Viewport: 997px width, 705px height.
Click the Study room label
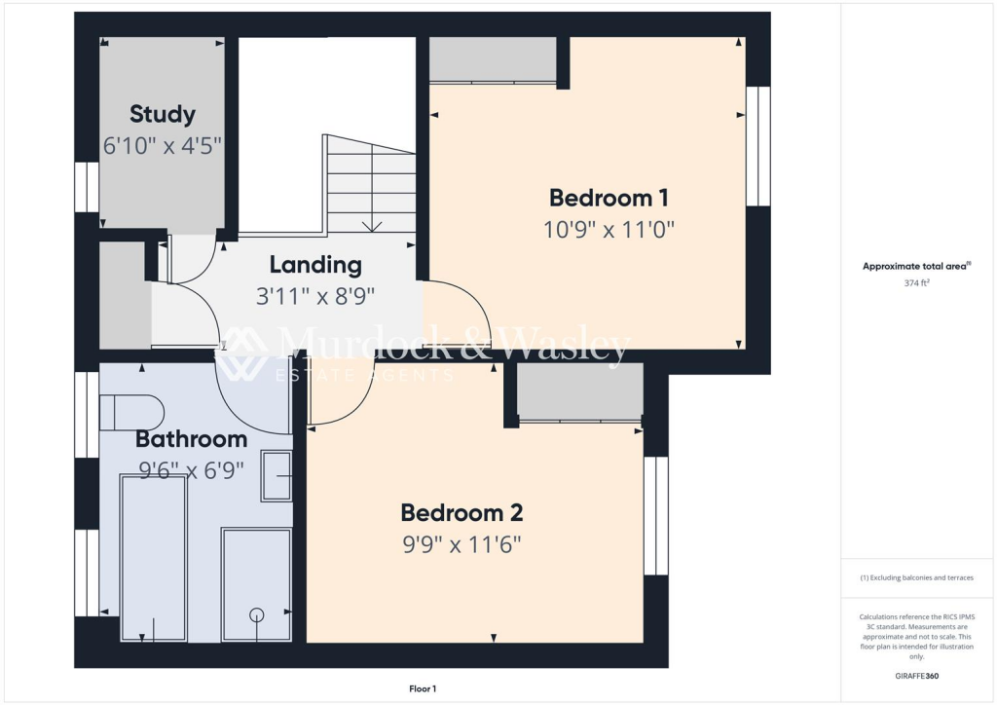(163, 114)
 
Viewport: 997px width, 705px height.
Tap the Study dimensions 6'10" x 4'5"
(163, 146)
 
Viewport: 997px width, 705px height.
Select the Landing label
(315, 264)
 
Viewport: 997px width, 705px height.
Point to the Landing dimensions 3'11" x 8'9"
(315, 295)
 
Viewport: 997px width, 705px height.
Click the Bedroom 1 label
(609, 198)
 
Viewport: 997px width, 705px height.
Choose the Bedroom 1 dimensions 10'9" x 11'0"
(609, 230)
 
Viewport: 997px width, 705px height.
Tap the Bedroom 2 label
(462, 512)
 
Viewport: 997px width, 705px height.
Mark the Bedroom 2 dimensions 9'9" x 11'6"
(462, 543)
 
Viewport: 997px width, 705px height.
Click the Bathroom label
(191, 439)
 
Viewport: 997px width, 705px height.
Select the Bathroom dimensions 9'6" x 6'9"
(191, 470)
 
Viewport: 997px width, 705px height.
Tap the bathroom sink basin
(277, 476)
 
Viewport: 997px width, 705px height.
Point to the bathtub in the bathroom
(153, 557)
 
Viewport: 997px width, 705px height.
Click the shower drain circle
(257, 613)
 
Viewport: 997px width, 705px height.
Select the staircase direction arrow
(371, 226)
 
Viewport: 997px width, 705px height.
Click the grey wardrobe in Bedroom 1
(493, 59)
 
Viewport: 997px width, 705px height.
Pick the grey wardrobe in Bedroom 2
(579, 391)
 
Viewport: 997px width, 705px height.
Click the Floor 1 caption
(423, 688)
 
